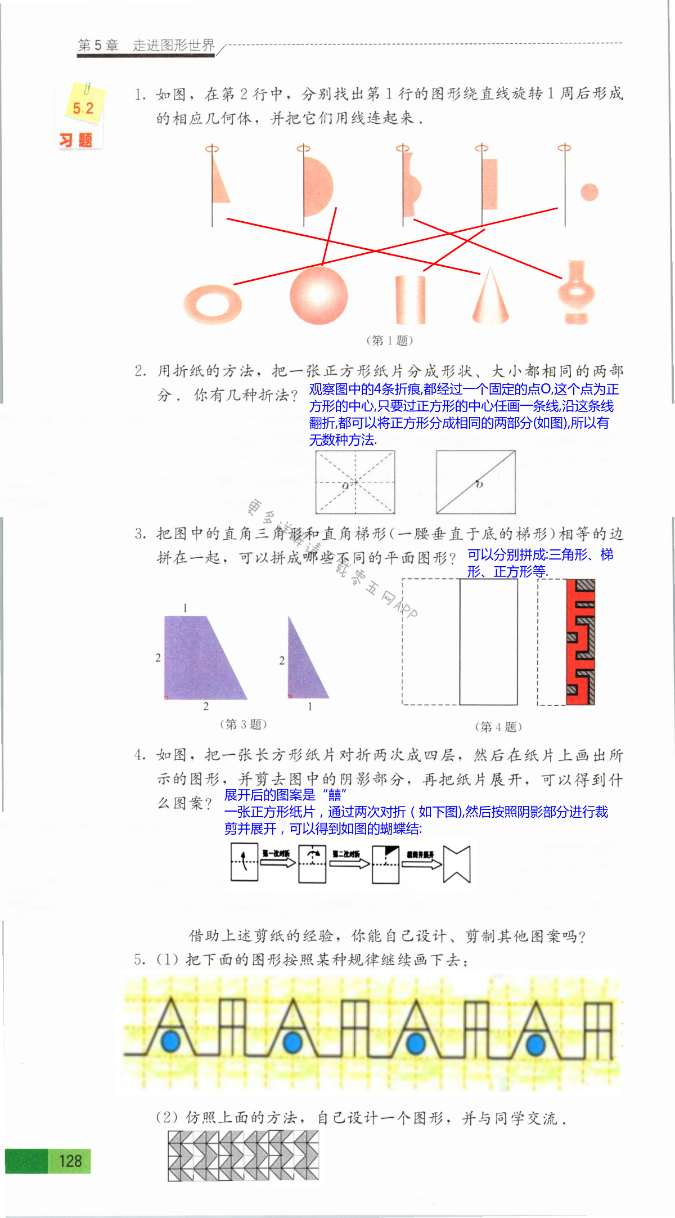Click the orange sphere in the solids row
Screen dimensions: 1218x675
pos(318,295)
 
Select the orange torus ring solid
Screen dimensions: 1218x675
pos(213,304)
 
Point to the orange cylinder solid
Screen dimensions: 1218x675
pos(410,299)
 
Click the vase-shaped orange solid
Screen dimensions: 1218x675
pos(575,293)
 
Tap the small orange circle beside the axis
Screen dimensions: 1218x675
pos(589,192)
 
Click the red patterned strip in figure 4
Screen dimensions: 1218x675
pos(580,642)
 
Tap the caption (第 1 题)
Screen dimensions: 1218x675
pos(389,340)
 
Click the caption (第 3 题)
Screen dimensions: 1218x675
pos(243,724)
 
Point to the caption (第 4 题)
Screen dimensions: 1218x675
pos(498,727)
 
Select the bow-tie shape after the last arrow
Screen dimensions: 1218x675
pos(456,864)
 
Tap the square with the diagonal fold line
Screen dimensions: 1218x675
pos(476,482)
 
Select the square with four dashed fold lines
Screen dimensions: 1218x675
pos(355,482)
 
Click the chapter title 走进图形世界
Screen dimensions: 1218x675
pos(174,45)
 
